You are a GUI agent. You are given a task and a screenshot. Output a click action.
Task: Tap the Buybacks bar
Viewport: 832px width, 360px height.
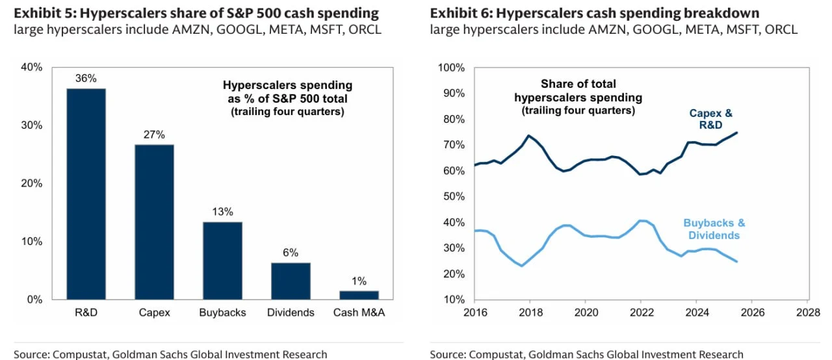(222, 261)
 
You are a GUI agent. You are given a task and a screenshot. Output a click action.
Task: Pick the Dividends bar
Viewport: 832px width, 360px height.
(291, 281)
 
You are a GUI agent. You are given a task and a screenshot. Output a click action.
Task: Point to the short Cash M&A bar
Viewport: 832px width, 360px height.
(359, 295)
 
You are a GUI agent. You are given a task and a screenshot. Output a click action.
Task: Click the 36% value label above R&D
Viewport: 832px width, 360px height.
(86, 79)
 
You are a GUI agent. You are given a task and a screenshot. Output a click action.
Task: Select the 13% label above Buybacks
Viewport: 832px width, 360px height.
(222, 212)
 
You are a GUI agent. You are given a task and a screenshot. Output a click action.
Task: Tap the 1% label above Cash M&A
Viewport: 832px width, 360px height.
(359, 281)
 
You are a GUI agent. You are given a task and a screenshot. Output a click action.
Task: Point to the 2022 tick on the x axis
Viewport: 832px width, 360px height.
(641, 313)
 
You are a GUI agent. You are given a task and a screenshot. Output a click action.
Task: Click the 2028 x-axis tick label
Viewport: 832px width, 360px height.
(807, 313)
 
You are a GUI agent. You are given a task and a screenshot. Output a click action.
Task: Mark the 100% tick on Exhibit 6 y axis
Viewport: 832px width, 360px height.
(451, 68)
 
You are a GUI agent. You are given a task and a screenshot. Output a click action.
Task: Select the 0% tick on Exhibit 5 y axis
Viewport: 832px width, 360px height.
(34, 300)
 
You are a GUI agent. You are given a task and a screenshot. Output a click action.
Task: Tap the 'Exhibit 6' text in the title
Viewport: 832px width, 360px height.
(460, 13)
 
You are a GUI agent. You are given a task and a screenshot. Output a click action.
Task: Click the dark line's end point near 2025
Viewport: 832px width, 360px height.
(737, 133)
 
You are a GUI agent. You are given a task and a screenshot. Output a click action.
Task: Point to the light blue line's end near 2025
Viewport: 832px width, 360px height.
(737, 261)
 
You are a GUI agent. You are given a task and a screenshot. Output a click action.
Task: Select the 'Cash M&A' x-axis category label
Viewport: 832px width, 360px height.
(359, 313)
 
